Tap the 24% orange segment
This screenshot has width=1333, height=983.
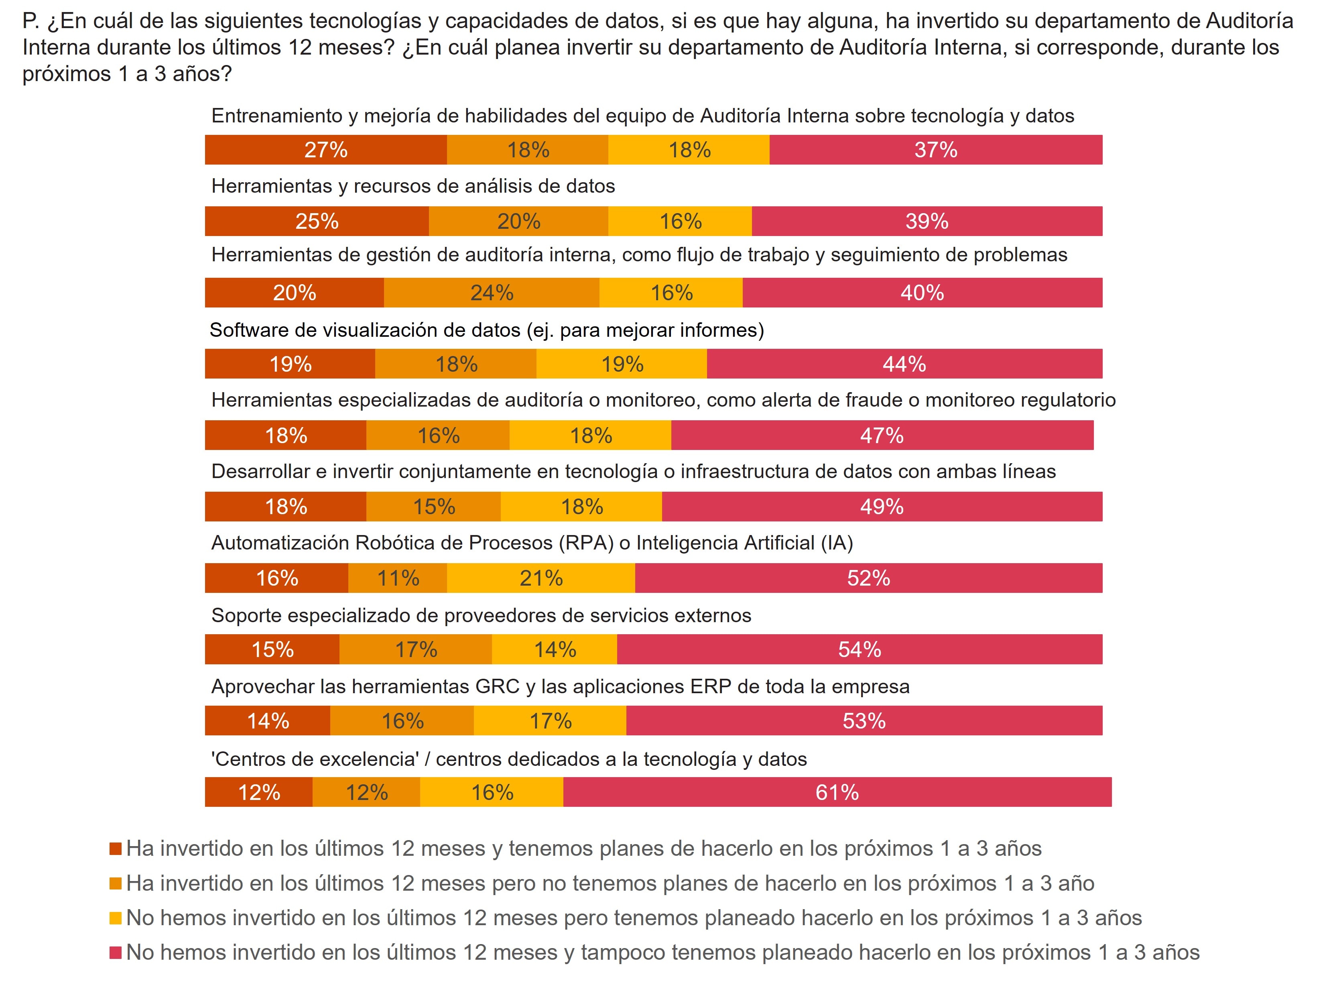click(491, 292)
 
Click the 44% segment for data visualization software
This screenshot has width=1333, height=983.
click(904, 364)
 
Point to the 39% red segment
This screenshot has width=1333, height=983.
click(927, 221)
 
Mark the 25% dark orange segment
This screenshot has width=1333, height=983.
click(317, 221)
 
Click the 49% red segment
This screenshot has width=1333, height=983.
click(882, 507)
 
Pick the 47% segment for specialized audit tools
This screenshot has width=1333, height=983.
click(882, 435)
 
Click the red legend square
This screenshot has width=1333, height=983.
click(116, 952)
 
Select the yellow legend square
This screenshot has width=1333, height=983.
click(116, 918)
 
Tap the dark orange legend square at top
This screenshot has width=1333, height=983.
click(116, 849)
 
